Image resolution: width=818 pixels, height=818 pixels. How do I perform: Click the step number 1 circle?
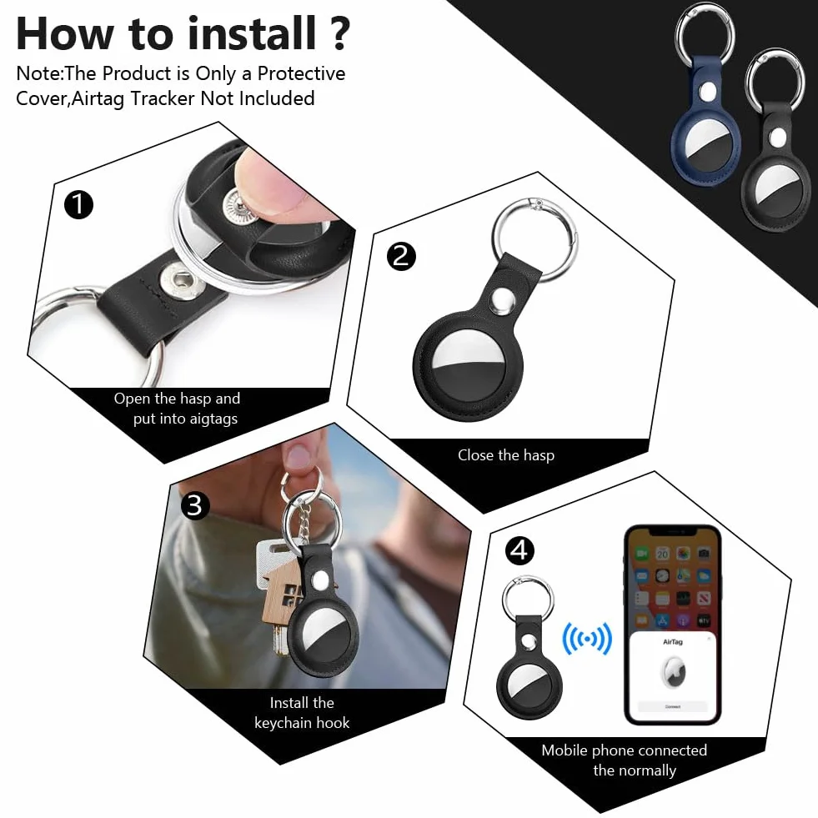pos(78,204)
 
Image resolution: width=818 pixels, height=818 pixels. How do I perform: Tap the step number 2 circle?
pos(401,256)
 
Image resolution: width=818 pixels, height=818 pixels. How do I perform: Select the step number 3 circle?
pos(194,505)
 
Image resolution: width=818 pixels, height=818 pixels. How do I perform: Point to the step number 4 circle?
pos(519,550)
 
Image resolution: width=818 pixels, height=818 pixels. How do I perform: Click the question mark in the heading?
pos(340,33)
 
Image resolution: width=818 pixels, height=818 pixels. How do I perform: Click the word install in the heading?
pos(253,33)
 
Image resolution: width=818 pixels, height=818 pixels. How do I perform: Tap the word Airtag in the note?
pos(98,98)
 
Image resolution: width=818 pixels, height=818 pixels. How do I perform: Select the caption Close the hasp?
pos(506,455)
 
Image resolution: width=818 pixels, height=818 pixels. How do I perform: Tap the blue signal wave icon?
pos(587,639)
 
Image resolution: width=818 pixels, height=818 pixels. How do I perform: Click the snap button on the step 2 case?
pos(502,302)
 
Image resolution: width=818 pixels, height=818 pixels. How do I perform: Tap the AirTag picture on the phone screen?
pos(673,672)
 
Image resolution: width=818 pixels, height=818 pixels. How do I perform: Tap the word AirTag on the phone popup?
pos(672,642)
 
